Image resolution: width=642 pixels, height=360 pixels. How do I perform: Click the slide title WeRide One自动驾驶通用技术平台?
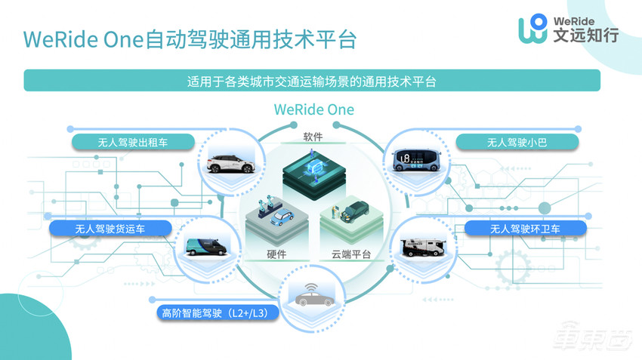tap(189, 38)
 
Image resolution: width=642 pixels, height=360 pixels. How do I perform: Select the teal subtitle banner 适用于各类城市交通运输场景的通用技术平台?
tap(312, 81)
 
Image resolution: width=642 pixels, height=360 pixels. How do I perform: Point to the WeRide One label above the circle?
tap(313, 109)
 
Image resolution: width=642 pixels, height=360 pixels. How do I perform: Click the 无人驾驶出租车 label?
tap(134, 142)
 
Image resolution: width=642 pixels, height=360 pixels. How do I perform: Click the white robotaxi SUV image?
tap(230, 158)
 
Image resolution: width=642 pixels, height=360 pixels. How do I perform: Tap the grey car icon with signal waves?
tap(314, 295)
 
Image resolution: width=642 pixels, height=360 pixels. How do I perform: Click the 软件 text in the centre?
tap(313, 137)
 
